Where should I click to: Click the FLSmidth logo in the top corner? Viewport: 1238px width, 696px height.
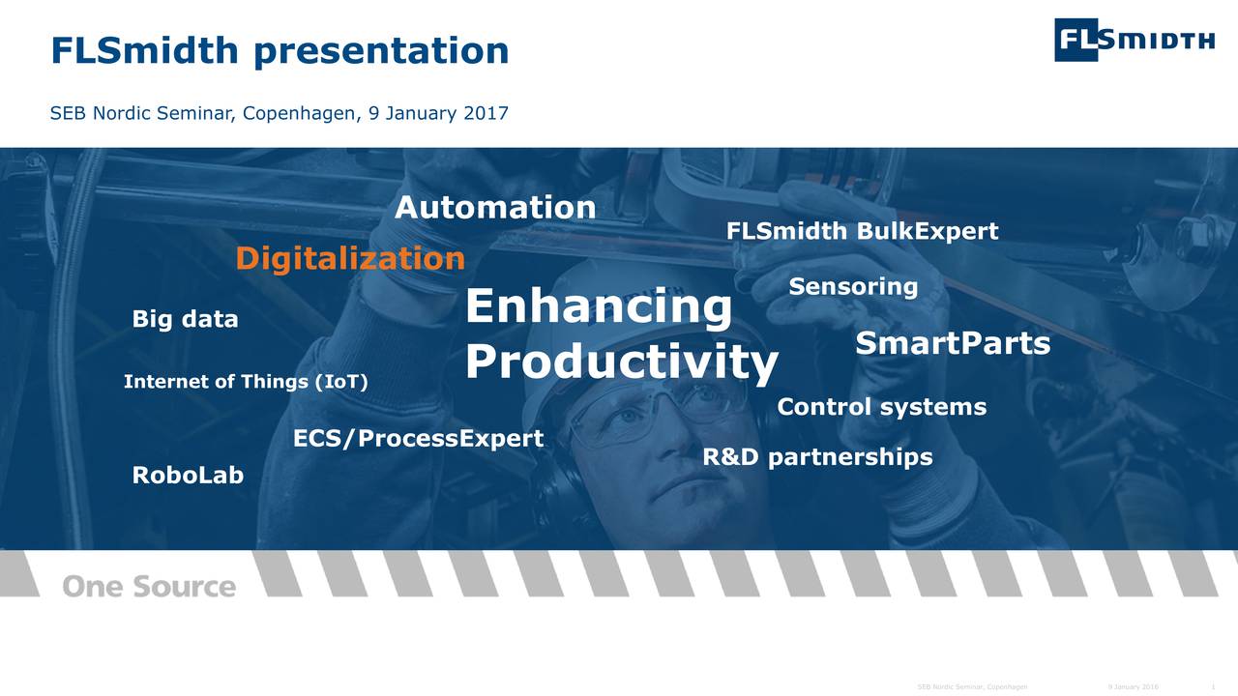pos(1134,40)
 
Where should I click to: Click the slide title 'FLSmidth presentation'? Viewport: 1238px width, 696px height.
pos(280,50)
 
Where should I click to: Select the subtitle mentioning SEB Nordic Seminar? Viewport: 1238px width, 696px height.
pos(279,113)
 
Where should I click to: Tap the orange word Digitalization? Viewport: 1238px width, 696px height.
pos(350,259)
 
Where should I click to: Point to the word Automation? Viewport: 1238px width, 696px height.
pos(495,207)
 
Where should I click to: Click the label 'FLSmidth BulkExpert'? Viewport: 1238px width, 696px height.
pos(862,232)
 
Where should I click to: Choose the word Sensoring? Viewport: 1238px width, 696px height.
pos(853,287)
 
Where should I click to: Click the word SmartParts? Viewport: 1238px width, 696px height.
pos(953,343)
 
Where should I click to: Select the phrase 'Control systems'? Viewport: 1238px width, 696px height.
pos(881,407)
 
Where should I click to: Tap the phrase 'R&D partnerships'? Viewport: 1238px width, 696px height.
pos(817,457)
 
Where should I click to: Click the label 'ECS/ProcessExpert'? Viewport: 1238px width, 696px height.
pos(418,439)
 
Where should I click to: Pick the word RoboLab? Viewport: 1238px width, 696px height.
pos(188,476)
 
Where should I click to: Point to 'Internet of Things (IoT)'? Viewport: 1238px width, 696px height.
pos(246,382)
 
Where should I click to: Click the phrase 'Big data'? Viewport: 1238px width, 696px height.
pos(185,319)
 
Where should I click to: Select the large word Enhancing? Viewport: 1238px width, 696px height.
pos(599,307)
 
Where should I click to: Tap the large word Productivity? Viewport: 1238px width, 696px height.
pos(621,362)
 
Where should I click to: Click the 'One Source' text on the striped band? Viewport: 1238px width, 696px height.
pos(149,586)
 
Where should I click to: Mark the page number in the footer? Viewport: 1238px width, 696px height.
pos(1213,687)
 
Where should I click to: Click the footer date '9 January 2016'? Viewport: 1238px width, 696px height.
pos(1134,687)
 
